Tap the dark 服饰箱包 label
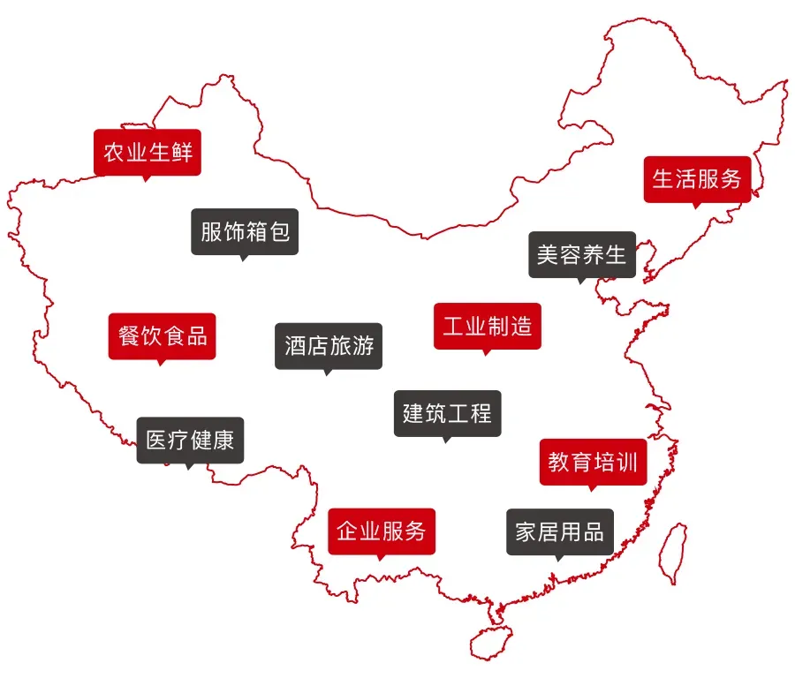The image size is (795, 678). click(x=245, y=231)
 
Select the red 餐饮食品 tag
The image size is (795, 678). click(x=162, y=335)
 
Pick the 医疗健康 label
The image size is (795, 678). click(x=190, y=440)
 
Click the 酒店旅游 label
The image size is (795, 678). click(x=329, y=345)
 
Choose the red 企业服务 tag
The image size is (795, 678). click(x=382, y=531)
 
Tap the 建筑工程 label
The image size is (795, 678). click(x=447, y=412)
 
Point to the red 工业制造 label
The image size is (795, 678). click(x=488, y=326)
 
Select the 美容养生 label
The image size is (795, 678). click(x=581, y=255)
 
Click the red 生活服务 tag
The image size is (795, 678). click(x=697, y=178)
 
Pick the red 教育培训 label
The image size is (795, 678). click(x=593, y=462)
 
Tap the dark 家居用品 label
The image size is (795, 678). click(x=559, y=531)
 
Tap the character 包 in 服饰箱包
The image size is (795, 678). click(x=278, y=231)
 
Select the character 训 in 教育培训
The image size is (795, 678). click(x=626, y=462)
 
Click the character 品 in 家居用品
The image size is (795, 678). click(x=593, y=531)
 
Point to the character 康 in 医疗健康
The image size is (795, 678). click(x=223, y=440)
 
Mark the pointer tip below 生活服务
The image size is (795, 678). click(x=696, y=207)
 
